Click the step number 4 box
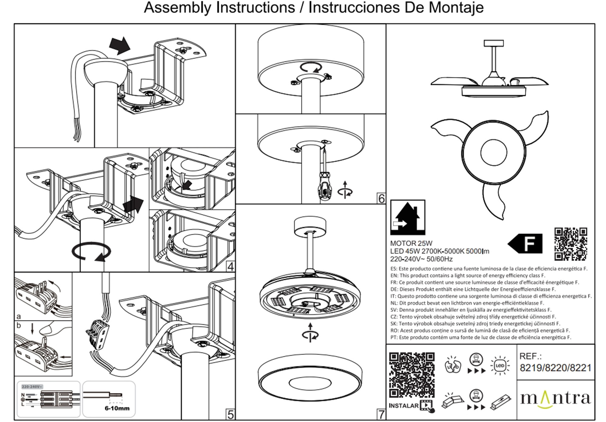230,267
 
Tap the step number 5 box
230,414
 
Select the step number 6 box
381,199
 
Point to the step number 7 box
381,414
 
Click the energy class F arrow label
526,243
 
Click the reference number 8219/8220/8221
555,368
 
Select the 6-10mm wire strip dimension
117,408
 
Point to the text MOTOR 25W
411,243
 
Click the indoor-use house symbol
407,217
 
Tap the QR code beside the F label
571,244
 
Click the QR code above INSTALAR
412,375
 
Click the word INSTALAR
404,406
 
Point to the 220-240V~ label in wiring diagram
32,387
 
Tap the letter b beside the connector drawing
19,325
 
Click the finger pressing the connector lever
52,329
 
